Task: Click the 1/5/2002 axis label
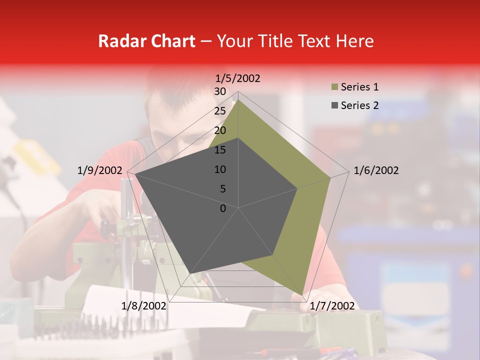point(238,78)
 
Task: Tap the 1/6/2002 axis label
point(376,170)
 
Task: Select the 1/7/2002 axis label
point(332,306)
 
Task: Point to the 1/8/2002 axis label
point(144,306)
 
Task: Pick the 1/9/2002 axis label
point(100,170)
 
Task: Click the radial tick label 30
point(220,91)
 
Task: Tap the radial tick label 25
point(220,111)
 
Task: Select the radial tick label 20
point(220,130)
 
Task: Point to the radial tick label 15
point(220,150)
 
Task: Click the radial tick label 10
point(220,169)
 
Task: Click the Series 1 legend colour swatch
point(334,87)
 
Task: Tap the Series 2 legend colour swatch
point(334,105)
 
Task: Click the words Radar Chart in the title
point(146,41)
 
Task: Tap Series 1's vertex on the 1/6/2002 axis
point(330,177)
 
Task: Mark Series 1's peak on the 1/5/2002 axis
point(238,99)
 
